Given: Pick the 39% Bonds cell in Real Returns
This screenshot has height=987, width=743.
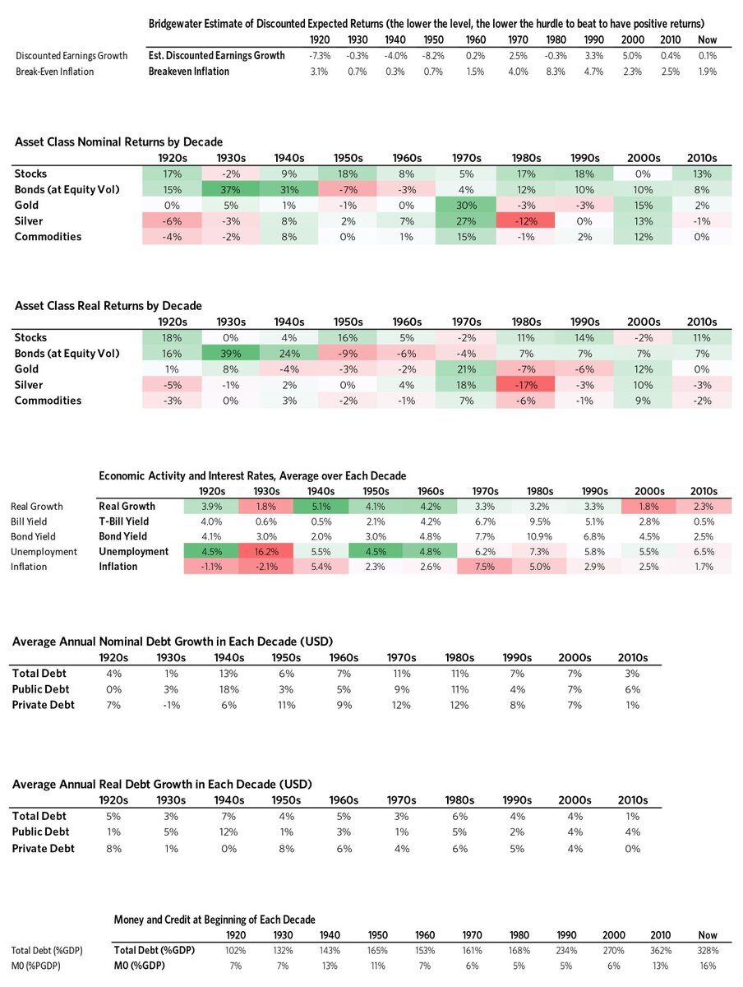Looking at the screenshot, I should [x=230, y=353].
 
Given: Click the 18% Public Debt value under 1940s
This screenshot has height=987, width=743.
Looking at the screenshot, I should [x=229, y=688].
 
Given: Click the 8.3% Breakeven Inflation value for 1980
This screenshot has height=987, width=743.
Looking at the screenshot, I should [x=557, y=72].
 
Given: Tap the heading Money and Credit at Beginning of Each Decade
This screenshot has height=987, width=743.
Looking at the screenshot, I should [x=215, y=919].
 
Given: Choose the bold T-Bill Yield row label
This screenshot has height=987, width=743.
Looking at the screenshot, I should [x=124, y=521].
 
